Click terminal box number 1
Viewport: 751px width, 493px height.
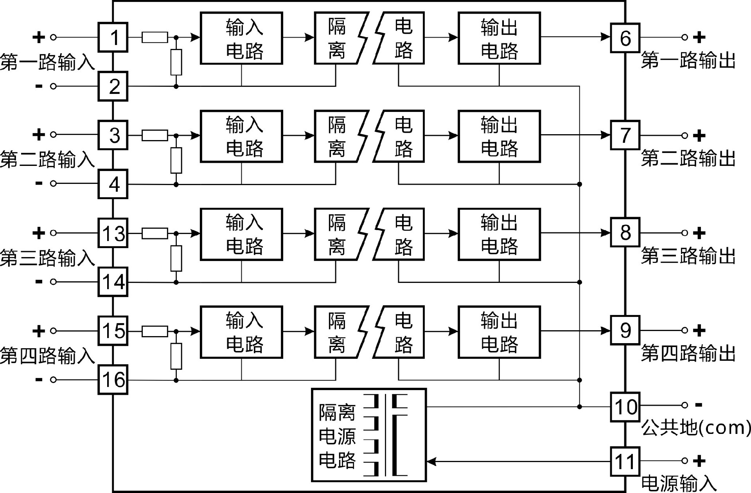tap(113, 37)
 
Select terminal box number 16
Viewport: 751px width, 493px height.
tap(113, 380)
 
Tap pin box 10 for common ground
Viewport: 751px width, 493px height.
tap(625, 407)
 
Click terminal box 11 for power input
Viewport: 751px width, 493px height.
tap(625, 462)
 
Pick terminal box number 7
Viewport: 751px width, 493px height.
tap(625, 135)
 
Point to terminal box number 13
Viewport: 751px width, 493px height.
tap(113, 233)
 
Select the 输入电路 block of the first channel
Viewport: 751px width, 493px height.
tap(241, 38)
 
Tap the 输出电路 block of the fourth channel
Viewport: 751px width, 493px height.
tap(499, 332)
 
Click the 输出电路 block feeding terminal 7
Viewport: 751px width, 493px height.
tap(499, 136)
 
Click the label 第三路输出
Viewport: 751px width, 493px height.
tap(688, 256)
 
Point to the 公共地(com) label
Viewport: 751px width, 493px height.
tap(696, 428)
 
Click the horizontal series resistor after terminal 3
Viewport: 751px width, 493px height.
tap(155, 135)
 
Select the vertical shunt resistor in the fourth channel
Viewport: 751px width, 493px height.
tap(176, 356)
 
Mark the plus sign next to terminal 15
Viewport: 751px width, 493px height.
tap(38, 331)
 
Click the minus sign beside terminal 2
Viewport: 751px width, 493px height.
tap(39, 86)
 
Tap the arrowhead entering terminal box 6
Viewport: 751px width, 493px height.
tap(605, 37)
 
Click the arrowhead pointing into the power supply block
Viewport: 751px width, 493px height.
tap(432, 462)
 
